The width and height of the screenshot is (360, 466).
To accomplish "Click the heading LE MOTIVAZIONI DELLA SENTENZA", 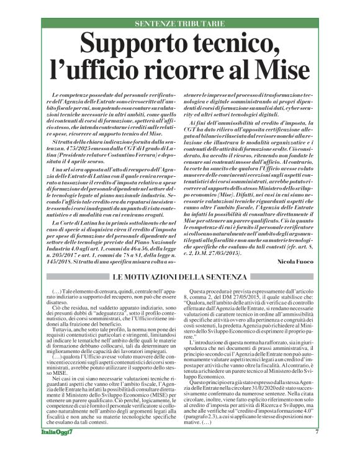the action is [x=180, y=276].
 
